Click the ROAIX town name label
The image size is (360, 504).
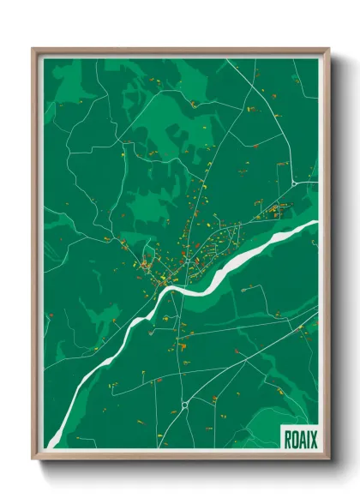tap(299, 437)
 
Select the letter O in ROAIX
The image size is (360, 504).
tap(294, 437)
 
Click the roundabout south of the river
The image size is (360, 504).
tap(184, 404)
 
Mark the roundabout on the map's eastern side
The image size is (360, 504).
tap(293, 183)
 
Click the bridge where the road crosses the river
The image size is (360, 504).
tap(174, 291)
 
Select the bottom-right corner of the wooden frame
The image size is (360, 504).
tap(328, 460)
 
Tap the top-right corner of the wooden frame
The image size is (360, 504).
tap(328, 50)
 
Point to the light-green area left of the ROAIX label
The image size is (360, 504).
tap(257, 429)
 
